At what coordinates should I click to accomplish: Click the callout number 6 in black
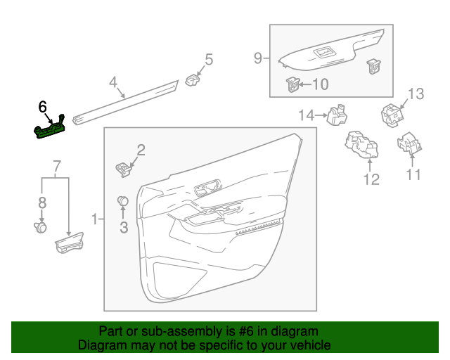click(x=43, y=107)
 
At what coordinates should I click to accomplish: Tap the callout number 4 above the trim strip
click(x=113, y=83)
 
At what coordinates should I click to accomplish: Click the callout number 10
click(x=319, y=84)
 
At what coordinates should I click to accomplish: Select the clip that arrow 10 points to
click(x=292, y=84)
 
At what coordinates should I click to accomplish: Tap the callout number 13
click(x=416, y=94)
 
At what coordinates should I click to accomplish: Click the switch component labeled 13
click(x=390, y=112)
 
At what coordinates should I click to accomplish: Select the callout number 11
click(x=414, y=174)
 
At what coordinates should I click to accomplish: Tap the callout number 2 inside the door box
click(x=141, y=149)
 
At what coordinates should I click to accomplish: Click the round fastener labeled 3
click(x=123, y=201)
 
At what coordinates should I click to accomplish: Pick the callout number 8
click(x=41, y=202)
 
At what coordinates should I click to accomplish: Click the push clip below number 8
click(x=41, y=226)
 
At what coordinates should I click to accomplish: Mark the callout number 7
click(x=57, y=167)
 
